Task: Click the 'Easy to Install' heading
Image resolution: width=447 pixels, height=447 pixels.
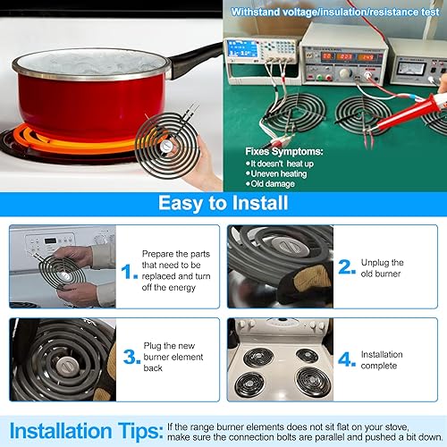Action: (x=223, y=203)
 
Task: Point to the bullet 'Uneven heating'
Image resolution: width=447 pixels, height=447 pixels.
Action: (x=279, y=173)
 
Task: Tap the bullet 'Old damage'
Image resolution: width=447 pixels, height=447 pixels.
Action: (x=273, y=184)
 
